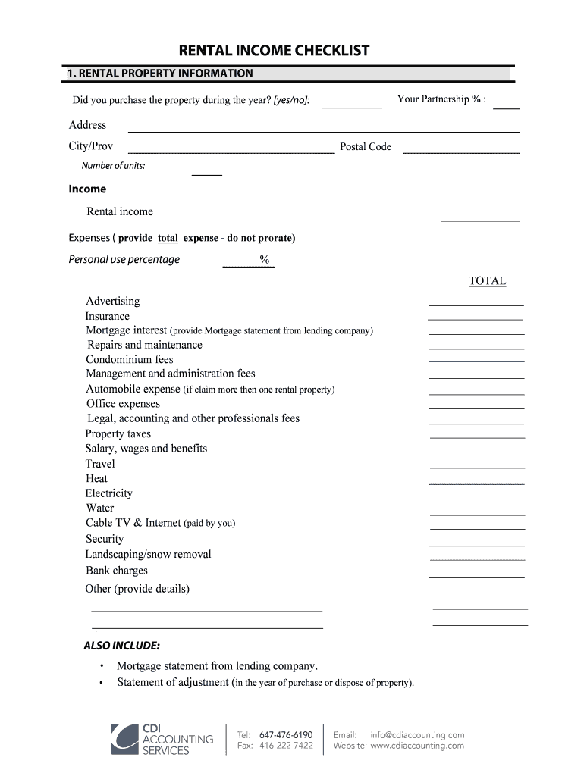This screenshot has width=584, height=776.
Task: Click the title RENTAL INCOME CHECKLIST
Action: (274, 51)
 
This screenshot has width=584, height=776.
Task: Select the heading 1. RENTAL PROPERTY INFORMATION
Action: (160, 74)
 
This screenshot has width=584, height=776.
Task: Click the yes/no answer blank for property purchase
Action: (352, 105)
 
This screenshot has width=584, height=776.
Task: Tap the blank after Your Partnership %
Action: (506, 106)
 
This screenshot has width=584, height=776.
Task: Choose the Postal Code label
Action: (366, 147)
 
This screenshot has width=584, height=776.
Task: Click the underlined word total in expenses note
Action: (168, 238)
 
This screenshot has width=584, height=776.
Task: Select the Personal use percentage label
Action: (124, 260)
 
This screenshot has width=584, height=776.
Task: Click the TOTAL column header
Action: (487, 281)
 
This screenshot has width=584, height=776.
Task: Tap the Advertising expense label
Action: (113, 301)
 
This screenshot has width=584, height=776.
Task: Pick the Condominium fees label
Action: (130, 359)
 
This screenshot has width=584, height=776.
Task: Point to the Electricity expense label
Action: (109, 493)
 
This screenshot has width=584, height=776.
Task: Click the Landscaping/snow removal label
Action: (149, 555)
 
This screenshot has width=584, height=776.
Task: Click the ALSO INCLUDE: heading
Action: (121, 646)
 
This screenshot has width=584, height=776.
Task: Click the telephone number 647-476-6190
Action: (286, 734)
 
